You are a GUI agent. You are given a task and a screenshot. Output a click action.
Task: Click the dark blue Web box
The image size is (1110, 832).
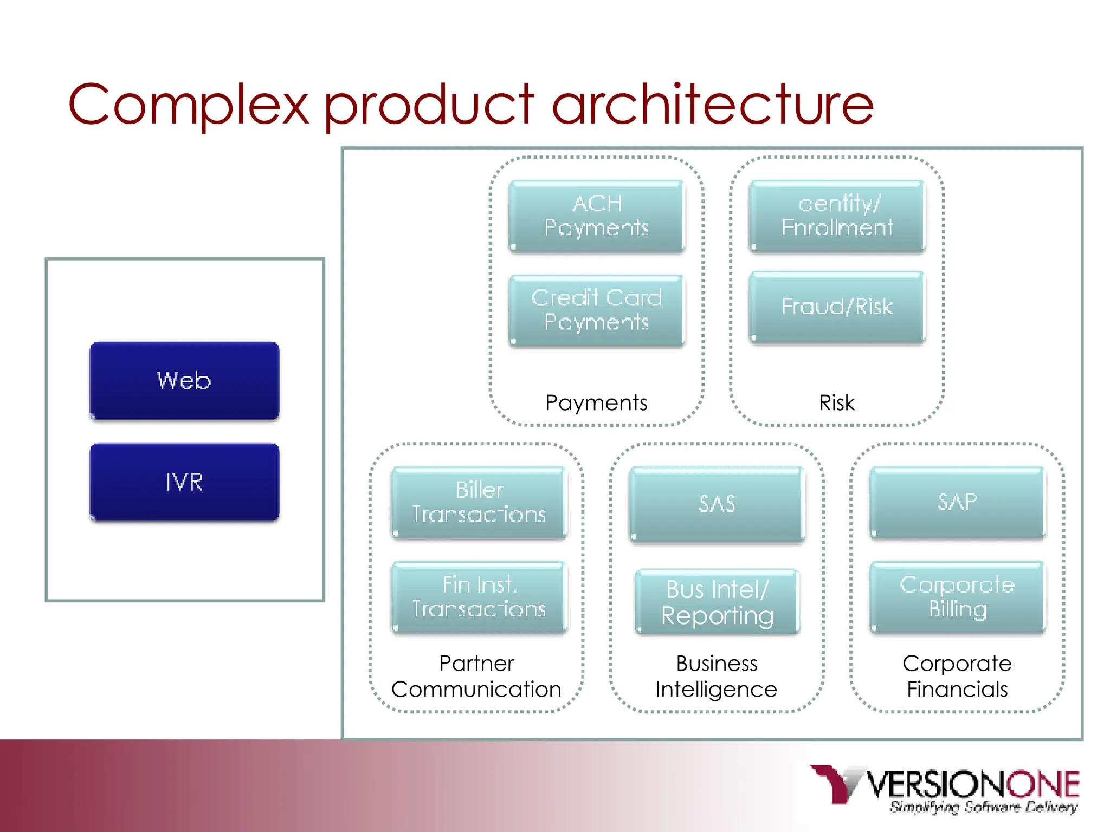pos(184,380)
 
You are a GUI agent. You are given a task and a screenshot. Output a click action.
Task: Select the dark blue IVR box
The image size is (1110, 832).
pos(184,482)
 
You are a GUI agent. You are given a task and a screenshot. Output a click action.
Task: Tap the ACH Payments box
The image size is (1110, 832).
pos(596,216)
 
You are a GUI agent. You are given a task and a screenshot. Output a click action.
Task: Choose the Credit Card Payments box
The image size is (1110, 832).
pos(596,310)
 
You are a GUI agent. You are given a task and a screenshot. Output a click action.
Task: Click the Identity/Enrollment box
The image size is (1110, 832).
pos(837,216)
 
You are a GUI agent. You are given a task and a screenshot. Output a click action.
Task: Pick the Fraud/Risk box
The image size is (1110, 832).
pos(837,307)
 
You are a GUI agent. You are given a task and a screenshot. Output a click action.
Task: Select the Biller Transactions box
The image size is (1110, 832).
pos(479,502)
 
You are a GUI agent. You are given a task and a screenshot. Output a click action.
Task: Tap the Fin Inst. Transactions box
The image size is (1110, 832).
pos(479,597)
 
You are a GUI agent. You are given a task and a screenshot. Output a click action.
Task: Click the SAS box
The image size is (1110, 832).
pos(717,504)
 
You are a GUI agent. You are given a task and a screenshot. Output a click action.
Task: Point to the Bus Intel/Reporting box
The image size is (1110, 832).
pos(717,602)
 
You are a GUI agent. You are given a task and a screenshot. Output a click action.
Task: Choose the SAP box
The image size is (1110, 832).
pos(957,502)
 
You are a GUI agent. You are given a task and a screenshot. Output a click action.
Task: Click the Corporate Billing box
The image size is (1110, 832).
pos(957,597)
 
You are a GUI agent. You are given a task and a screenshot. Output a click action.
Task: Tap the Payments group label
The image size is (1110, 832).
pos(596,403)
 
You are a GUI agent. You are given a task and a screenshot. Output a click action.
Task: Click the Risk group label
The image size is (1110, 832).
pos(837,403)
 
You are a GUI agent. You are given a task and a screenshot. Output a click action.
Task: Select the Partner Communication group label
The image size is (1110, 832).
pos(476,676)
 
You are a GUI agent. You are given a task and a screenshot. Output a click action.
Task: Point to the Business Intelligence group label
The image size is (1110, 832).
pos(717,676)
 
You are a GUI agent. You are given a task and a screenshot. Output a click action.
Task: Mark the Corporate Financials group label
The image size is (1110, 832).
pos(957,676)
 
